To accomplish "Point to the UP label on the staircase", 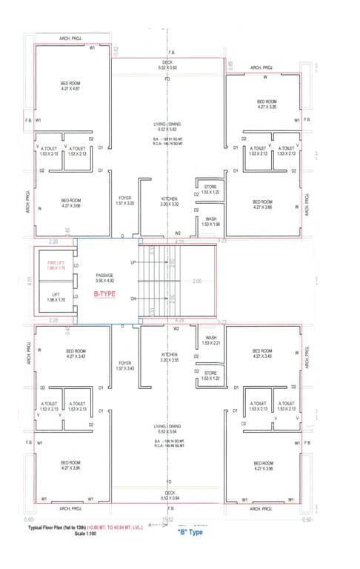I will pyautogui.click(x=133, y=263).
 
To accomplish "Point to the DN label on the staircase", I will pyautogui.click(x=133, y=299).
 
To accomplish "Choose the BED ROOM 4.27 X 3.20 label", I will pyautogui.click(x=266, y=104).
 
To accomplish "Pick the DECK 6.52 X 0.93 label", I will pyautogui.click(x=167, y=65).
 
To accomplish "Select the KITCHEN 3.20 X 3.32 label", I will pyautogui.click(x=169, y=201).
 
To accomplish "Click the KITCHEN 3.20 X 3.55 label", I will pyautogui.click(x=169, y=357).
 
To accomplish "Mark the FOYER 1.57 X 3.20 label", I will pyautogui.click(x=124, y=201).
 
